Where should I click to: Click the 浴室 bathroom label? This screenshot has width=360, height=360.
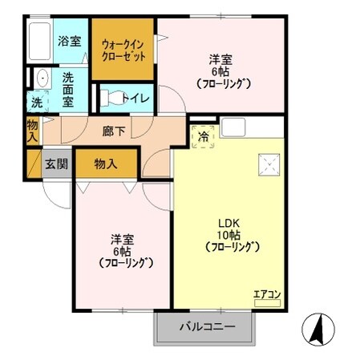click(x=69, y=40)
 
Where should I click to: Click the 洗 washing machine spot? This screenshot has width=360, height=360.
click(x=38, y=103)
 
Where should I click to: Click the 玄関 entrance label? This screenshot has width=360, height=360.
click(x=56, y=164)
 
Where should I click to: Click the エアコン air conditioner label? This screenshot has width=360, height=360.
click(x=267, y=293)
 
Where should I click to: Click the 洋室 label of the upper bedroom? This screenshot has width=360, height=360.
click(x=221, y=59)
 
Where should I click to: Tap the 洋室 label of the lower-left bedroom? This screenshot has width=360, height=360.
click(x=123, y=239)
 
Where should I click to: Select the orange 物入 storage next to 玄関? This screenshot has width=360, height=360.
click(x=107, y=164)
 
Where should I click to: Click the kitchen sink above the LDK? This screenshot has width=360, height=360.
click(x=235, y=127)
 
